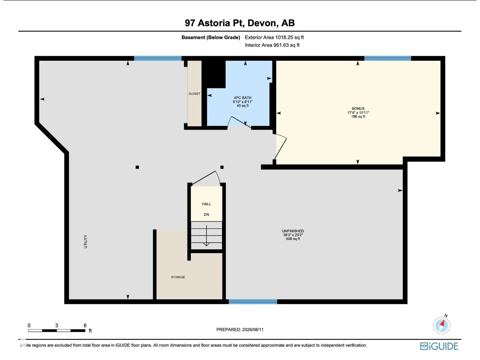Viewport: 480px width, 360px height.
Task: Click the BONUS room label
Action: (358, 109)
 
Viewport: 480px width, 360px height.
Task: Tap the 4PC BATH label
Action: (242, 98)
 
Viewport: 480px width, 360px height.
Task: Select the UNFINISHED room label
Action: (293, 231)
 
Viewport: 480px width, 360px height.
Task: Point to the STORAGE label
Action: (178, 277)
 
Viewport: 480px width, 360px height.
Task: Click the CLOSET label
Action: (194, 94)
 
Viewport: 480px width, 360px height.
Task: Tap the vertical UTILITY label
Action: (85, 241)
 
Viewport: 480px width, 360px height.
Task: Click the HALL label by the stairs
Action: (206, 204)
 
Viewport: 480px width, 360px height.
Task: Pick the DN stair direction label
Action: (206, 214)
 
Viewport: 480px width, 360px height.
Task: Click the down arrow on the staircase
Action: (206, 235)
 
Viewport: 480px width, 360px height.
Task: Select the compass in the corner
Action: (442, 325)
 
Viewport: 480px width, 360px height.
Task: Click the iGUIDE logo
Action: (439, 346)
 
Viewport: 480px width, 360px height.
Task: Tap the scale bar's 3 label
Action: (57, 325)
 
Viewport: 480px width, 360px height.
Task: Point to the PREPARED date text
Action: (240, 330)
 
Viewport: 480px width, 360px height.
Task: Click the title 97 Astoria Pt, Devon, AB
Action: (240, 23)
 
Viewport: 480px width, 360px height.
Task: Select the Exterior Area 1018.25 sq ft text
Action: (274, 37)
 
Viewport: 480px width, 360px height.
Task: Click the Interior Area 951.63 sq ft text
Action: (272, 45)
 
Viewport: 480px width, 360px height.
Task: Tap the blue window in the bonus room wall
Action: (387, 58)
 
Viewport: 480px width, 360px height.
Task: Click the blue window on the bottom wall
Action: (253, 301)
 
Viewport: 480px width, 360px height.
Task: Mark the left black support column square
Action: (137, 167)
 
